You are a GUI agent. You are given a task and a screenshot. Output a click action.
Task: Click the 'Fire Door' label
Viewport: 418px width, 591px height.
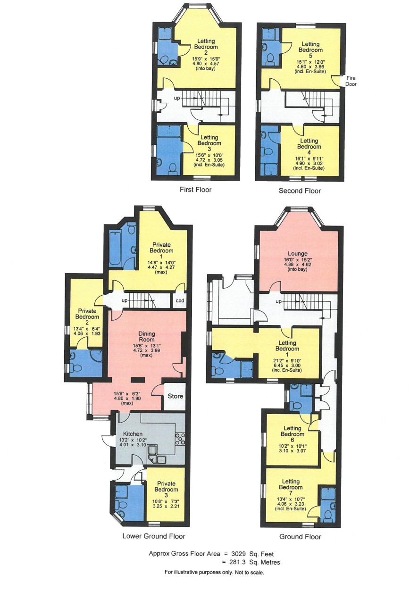[x=351, y=81]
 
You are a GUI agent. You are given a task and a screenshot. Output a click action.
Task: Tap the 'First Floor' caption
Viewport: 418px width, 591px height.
[x=195, y=190]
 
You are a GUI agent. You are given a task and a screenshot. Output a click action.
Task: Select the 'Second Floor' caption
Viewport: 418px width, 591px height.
[x=300, y=191]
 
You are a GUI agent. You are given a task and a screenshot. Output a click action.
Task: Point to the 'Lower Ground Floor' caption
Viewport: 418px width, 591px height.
[x=154, y=536]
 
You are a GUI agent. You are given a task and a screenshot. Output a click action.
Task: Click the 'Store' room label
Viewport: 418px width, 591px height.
[x=176, y=396]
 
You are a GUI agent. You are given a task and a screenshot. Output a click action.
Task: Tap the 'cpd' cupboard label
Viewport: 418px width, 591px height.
[x=180, y=300]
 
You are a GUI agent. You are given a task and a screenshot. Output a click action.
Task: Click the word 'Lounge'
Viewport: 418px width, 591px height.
[x=298, y=254]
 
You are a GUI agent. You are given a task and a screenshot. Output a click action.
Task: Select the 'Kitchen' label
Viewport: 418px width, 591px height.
[x=133, y=434]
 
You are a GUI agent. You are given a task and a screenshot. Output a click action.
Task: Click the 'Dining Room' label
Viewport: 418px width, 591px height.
[x=146, y=337]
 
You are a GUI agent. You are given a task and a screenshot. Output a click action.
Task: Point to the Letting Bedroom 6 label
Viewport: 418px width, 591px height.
[x=293, y=434]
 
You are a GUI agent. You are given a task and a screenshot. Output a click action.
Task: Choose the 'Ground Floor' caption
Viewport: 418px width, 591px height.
[x=300, y=537]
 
